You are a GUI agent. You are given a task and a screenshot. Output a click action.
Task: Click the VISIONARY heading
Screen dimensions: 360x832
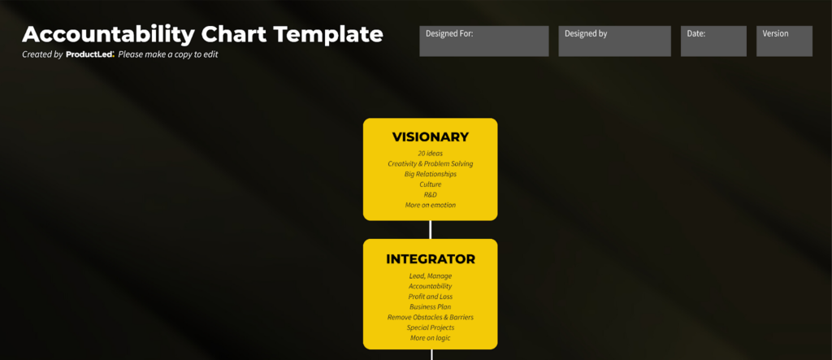(430, 137)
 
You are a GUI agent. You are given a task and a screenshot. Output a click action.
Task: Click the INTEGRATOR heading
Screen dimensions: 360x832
(430, 259)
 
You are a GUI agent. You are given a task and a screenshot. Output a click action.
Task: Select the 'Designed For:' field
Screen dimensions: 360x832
(472, 41)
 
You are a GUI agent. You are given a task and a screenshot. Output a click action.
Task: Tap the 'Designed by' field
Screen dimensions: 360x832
(614, 41)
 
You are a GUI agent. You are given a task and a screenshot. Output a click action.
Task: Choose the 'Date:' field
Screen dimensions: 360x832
(713, 41)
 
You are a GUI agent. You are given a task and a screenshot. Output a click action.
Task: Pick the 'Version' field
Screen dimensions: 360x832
(784, 41)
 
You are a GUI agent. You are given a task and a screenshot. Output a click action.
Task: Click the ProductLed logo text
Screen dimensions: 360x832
(89, 54)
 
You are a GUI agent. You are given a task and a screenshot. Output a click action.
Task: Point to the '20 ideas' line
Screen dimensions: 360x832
(430, 153)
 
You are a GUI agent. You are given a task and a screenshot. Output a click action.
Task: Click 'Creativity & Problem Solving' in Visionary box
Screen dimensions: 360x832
(430, 163)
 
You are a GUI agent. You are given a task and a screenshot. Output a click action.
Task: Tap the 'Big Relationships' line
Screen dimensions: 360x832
(430, 174)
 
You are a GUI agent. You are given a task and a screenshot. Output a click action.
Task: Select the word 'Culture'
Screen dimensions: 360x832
(430, 184)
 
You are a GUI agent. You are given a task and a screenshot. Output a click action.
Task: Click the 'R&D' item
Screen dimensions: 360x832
(430, 195)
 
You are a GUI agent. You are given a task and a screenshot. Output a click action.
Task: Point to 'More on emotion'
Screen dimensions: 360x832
(430, 206)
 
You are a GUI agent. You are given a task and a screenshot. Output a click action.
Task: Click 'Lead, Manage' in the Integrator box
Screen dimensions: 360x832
(430, 275)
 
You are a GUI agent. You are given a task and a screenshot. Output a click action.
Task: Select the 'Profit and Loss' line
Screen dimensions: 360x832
(430, 297)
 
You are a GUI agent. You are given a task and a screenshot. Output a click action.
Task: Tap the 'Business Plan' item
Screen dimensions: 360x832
(430, 307)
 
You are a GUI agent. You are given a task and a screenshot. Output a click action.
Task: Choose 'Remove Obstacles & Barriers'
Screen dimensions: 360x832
(430, 317)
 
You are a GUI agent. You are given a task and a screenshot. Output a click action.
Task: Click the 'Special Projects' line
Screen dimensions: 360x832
(430, 327)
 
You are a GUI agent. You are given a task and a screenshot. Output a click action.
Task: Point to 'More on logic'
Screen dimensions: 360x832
(430, 338)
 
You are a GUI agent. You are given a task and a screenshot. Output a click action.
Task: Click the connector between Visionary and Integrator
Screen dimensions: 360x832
(431, 229)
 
